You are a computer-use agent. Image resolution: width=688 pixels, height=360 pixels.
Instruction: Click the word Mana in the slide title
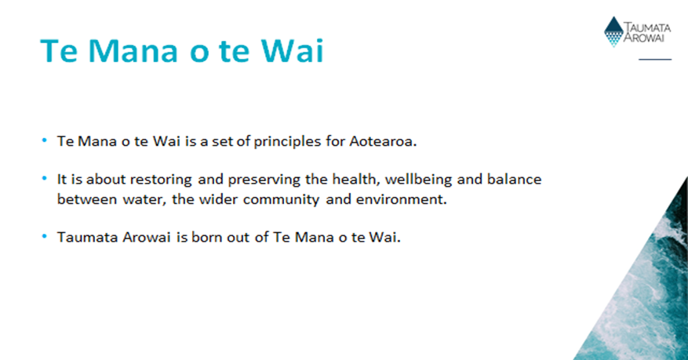pyautogui.click(x=133, y=51)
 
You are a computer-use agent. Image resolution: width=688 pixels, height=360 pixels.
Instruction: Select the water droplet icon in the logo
pyautogui.click(x=613, y=31)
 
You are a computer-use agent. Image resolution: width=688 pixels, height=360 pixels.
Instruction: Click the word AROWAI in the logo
pyautogui.click(x=644, y=38)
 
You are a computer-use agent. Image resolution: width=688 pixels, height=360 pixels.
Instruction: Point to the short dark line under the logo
pyautogui.click(x=655, y=59)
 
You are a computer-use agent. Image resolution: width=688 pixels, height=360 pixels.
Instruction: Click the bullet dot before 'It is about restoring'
pyautogui.click(x=44, y=178)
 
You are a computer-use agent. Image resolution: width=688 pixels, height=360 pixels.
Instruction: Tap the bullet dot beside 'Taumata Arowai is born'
pyautogui.click(x=44, y=236)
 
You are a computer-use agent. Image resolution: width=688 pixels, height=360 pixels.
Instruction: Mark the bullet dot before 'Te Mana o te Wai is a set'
pyautogui.click(x=44, y=140)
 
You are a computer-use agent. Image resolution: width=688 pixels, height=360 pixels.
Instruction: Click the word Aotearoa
pyautogui.click(x=383, y=141)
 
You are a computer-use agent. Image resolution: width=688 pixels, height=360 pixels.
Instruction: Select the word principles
pyautogui.click(x=287, y=142)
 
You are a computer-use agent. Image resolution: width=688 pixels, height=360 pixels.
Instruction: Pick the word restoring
pyautogui.click(x=161, y=180)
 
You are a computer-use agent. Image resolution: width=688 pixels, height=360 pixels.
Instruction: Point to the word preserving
pyautogui.click(x=264, y=180)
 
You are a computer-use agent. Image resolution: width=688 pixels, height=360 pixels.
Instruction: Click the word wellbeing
pyautogui.click(x=419, y=180)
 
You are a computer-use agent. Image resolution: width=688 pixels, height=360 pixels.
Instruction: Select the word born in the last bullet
pyautogui.click(x=207, y=237)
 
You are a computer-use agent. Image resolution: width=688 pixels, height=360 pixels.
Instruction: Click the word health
pyautogui.click(x=354, y=179)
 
